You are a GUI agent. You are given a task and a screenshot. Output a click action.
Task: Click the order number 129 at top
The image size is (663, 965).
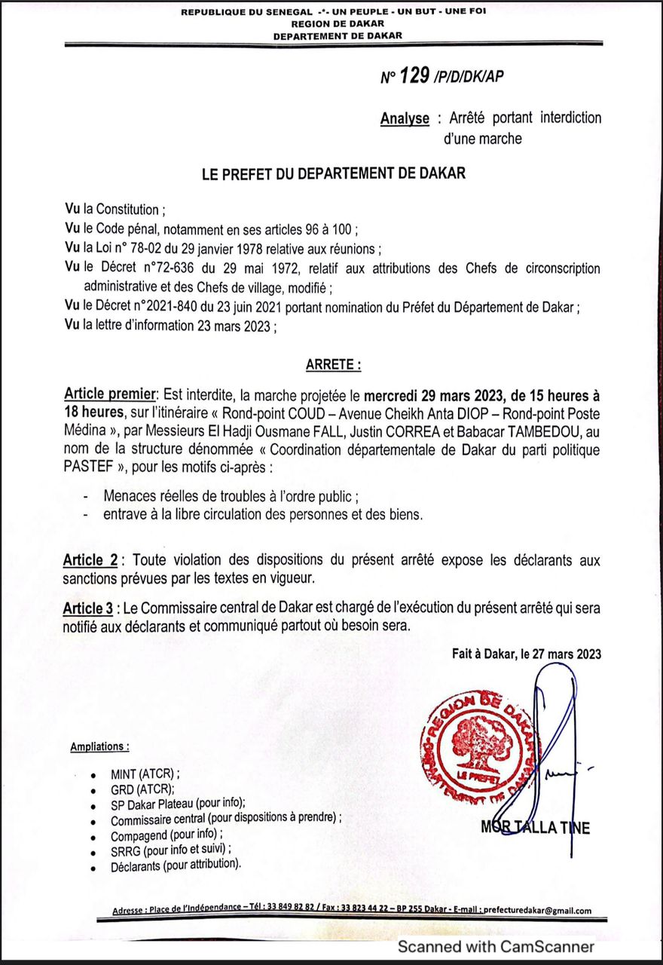pos(414,76)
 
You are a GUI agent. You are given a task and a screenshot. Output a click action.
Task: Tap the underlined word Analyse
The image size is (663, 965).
pos(405,118)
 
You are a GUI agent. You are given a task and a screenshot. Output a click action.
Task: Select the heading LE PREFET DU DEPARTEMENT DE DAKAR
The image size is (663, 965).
pos(333,173)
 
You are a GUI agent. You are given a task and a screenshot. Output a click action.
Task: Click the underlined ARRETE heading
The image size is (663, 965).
pos(333,366)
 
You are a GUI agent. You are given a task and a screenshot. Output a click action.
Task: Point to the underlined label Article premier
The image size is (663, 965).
pos(108,394)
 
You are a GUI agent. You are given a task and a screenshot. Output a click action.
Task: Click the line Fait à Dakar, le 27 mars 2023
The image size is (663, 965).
pos(527,654)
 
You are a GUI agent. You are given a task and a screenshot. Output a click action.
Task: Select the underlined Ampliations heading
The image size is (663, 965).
pos(99,746)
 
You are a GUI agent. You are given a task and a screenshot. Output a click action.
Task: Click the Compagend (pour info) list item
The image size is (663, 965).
pos(167,836)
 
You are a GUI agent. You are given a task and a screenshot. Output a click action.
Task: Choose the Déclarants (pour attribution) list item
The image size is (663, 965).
pos(176,865)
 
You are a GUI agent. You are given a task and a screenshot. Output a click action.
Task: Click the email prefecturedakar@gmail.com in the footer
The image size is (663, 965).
pos(536,911)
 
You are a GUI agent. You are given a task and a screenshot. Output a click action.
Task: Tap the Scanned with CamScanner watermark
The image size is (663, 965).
pos(496,946)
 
